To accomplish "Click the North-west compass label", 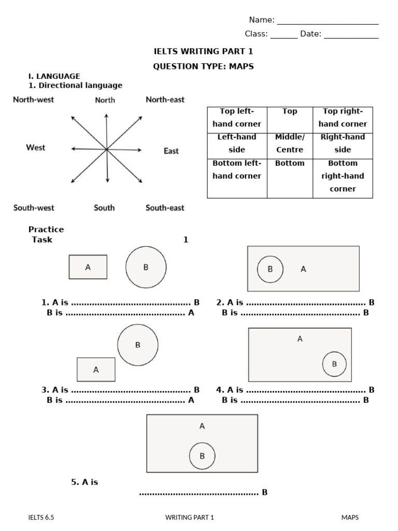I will point(33,100).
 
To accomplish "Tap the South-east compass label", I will point(165,208).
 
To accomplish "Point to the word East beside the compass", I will point(171,151).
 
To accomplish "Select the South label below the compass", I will point(104,208).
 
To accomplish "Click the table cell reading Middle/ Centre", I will point(290,143).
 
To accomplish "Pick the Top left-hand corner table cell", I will point(237,118).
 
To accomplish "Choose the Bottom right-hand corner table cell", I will point(343,176).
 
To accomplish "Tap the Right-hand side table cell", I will point(343,143).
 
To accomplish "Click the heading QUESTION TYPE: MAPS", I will point(204,66).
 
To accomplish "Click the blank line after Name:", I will point(328,21).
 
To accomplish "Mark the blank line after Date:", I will point(351,35).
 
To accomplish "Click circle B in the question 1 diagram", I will point(146,267).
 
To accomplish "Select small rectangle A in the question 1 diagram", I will point(88,267).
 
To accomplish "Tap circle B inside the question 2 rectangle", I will point(270,269).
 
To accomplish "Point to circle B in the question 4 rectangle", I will point(334,364).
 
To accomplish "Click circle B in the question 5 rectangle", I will point(202,456).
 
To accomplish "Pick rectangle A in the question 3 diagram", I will point(96,370).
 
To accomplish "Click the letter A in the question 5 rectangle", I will point(202,426).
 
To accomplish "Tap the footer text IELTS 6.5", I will point(41,517).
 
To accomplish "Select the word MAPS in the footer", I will point(350,517).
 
